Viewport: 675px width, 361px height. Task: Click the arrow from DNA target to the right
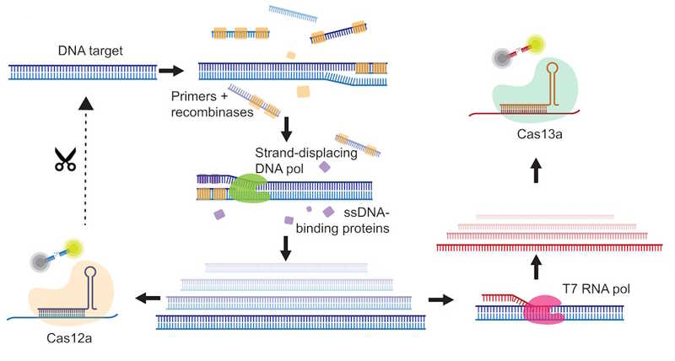(x=172, y=71)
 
